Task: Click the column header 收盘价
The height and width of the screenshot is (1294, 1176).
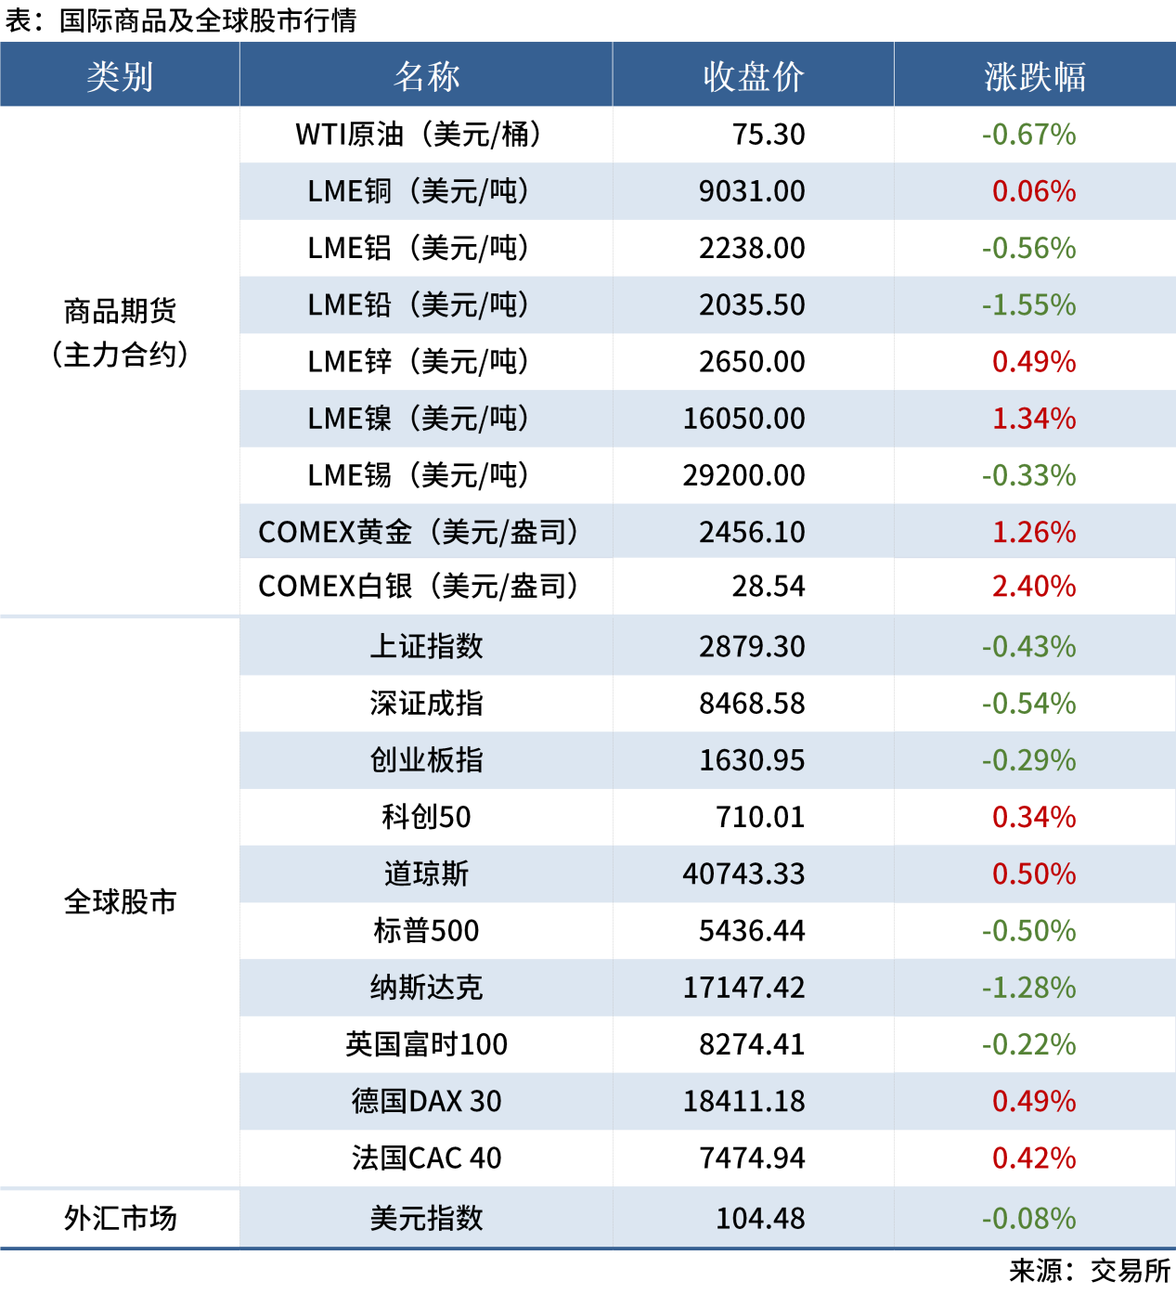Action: pyautogui.click(x=753, y=76)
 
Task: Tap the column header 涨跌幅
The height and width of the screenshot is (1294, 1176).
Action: pyautogui.click(x=1034, y=76)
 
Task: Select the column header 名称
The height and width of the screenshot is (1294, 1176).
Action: pyautogui.click(x=426, y=76)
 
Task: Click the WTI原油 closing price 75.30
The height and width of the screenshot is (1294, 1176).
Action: pyautogui.click(x=769, y=135)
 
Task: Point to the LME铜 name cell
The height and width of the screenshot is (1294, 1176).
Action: pyautogui.click(x=419, y=191)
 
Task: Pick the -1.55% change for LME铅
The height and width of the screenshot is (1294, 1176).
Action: pyautogui.click(x=1028, y=305)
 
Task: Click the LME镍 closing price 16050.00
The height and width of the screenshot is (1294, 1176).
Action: pyautogui.click(x=743, y=419)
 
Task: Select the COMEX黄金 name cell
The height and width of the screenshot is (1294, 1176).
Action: pyautogui.click(x=419, y=532)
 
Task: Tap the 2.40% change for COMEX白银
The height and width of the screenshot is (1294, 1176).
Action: pyautogui.click(x=1034, y=587)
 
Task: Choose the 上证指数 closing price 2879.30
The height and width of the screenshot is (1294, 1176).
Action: pyautogui.click(x=752, y=646)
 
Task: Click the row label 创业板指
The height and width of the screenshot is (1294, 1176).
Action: pyautogui.click(x=426, y=760)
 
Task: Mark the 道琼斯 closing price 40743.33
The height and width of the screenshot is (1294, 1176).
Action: pyautogui.click(x=743, y=873)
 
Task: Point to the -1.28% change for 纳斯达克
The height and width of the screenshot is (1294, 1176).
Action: pyautogui.click(x=1028, y=988)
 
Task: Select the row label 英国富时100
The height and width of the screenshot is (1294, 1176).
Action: pyautogui.click(x=426, y=1044)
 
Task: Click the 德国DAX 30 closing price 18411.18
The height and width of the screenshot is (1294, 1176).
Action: pyautogui.click(x=743, y=1101)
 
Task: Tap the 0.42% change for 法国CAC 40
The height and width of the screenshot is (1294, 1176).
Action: pyautogui.click(x=1034, y=1158)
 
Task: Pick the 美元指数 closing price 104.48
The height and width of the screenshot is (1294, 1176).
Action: pyautogui.click(x=760, y=1218)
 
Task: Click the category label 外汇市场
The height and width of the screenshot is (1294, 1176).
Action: pyautogui.click(x=120, y=1218)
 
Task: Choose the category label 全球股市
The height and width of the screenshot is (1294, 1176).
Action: pyautogui.click(x=120, y=901)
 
